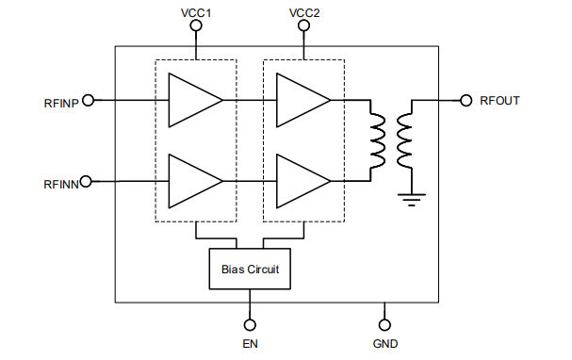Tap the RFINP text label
click(60, 100)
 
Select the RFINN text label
click(60, 180)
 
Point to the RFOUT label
click(499, 100)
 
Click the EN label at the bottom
click(250, 344)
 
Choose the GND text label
click(384, 344)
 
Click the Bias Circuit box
click(250, 270)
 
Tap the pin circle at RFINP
click(88, 100)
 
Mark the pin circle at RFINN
click(87, 180)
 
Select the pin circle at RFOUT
click(466, 100)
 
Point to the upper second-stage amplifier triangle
click(300, 100)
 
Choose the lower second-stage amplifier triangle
click(300, 180)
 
